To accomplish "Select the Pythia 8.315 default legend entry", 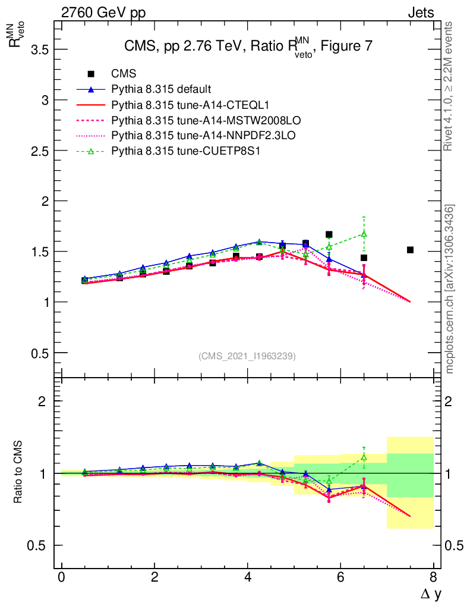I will click(x=160, y=89).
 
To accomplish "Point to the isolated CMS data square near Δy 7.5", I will click(x=410, y=250).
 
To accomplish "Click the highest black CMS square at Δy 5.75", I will click(x=329, y=234).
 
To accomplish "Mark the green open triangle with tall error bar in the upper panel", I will click(x=364, y=234).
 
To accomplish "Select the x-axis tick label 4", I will click(x=247, y=577).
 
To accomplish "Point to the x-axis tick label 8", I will click(x=433, y=577).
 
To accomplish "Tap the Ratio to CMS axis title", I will click(x=19, y=473).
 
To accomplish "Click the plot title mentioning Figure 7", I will click(x=248, y=48).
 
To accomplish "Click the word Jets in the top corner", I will click(x=420, y=12).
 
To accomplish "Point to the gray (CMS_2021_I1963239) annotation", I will click(x=247, y=356).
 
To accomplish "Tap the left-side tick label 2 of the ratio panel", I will click(x=42, y=401).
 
